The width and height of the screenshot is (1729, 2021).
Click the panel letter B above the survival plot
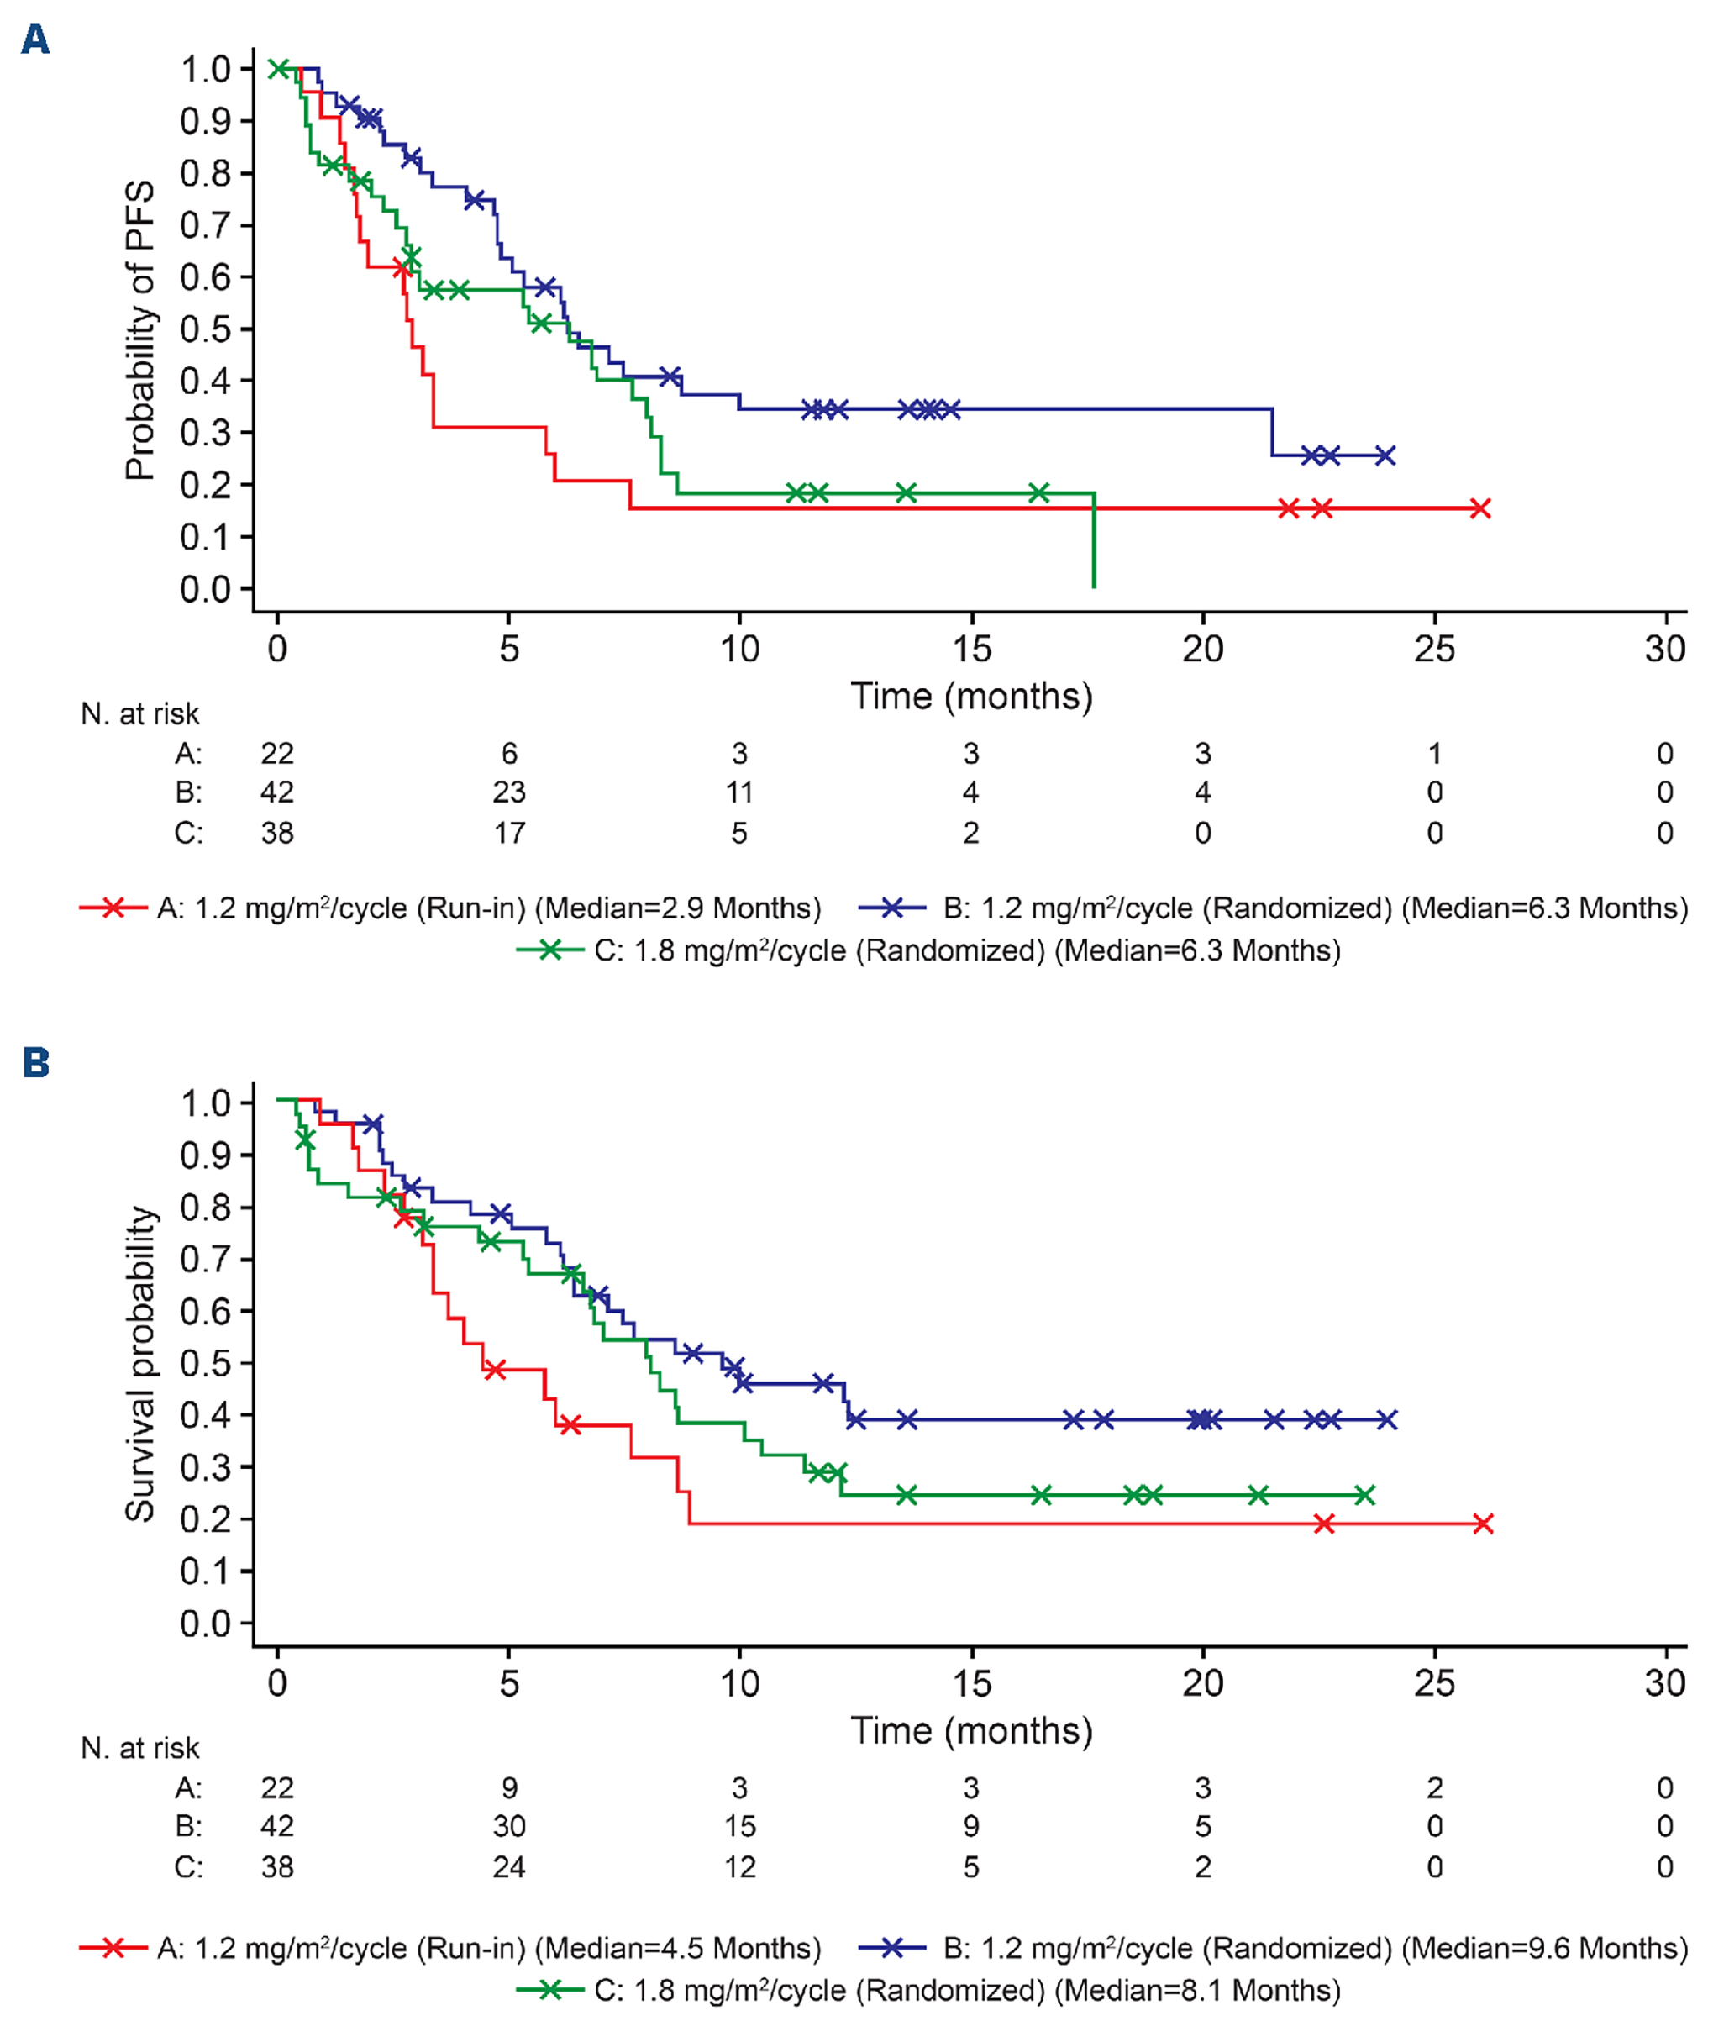tap(35, 1062)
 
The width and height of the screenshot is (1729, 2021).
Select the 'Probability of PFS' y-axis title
tap(139, 329)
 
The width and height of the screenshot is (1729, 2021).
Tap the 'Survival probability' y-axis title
tap(139, 1364)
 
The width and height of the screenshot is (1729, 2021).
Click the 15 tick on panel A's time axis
tap(971, 649)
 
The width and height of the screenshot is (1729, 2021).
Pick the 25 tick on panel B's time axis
tap(1433, 1682)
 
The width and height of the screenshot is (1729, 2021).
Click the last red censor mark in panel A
tap(1480, 508)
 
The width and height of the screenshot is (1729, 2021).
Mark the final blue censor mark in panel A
tap(1385, 455)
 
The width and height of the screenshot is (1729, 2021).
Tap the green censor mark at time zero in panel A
tap(279, 68)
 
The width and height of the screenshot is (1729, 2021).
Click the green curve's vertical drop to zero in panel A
tap(1094, 541)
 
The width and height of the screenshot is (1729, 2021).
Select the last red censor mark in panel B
tap(1482, 1523)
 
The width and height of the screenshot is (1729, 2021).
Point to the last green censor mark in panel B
tap(1365, 1494)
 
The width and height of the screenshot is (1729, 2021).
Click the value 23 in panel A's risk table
tap(509, 792)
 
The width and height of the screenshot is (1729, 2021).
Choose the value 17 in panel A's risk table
tap(509, 833)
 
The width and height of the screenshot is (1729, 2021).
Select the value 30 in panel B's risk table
tap(509, 1826)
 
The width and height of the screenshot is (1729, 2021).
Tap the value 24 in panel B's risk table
tap(509, 1867)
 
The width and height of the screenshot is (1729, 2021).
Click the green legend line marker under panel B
tap(549, 1989)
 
